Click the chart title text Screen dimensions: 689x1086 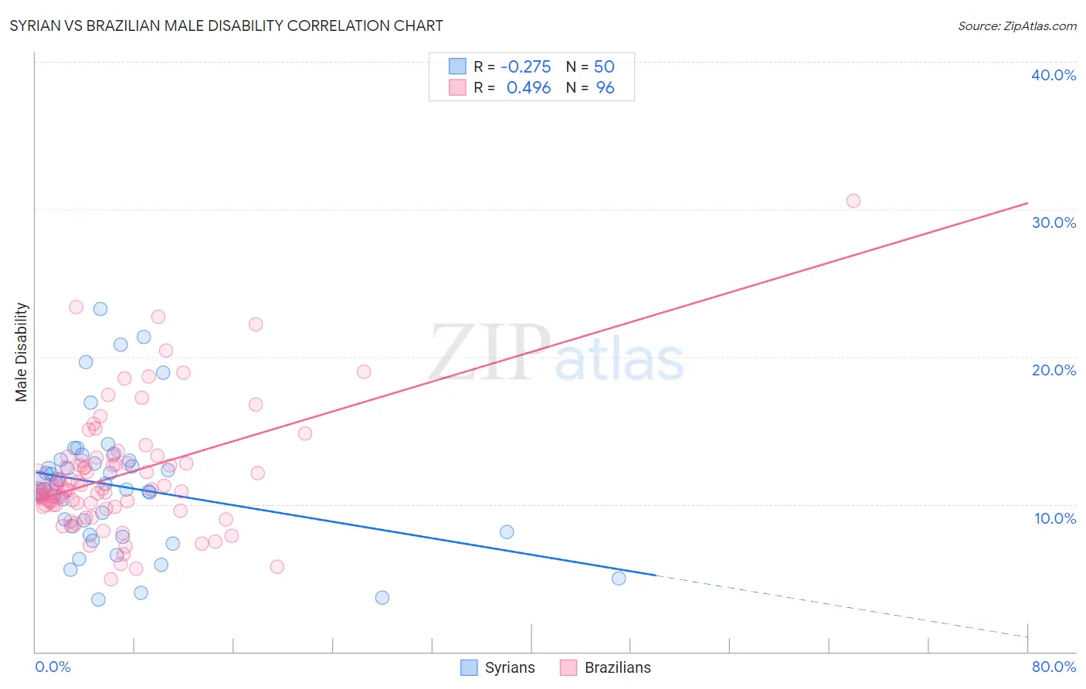(226, 25)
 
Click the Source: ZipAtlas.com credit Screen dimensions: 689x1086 (1016, 25)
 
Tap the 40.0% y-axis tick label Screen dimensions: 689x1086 (1054, 75)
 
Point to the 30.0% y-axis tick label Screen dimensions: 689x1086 (1054, 222)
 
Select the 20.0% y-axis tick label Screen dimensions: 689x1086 (1054, 370)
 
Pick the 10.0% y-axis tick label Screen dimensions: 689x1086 (1054, 518)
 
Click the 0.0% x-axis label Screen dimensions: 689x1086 (53, 667)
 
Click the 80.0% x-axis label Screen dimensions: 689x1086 (1054, 667)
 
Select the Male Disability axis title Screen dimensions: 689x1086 (22, 352)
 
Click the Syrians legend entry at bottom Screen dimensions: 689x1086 (498, 667)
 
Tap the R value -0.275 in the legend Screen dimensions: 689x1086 (525, 66)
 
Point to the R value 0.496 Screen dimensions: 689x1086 (528, 88)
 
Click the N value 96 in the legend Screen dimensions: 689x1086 (605, 88)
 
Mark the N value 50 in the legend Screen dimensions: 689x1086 (604, 66)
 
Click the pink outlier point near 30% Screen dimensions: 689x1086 (853, 201)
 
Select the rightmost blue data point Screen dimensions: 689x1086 (619, 578)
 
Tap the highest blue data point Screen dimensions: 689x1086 (100, 309)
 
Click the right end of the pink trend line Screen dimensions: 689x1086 (1027, 203)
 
